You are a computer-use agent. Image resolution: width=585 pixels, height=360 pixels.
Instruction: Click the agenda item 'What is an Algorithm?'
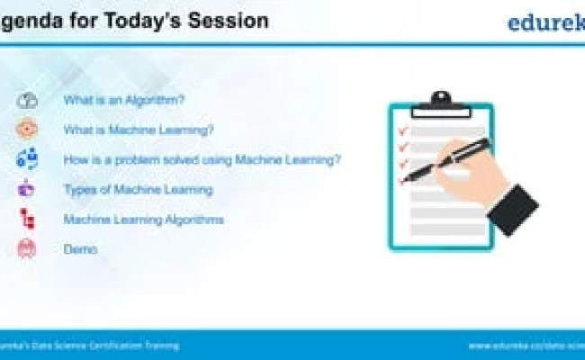click(123, 100)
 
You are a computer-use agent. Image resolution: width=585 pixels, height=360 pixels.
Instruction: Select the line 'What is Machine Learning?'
click(138, 130)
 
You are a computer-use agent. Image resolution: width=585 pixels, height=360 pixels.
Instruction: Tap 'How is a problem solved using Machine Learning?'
click(202, 160)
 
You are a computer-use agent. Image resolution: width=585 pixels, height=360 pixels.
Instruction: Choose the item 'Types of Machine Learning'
click(138, 190)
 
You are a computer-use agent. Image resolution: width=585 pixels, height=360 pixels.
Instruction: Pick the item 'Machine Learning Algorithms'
click(143, 220)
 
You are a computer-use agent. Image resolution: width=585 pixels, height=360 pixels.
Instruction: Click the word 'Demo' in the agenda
click(80, 249)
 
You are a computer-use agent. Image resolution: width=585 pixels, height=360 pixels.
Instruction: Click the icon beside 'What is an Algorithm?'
click(27, 100)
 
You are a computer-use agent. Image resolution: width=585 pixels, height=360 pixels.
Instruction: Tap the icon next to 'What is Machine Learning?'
click(27, 130)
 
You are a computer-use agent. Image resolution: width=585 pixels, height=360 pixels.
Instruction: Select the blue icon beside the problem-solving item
click(27, 160)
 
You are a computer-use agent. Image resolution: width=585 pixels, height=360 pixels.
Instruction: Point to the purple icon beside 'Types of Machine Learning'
click(27, 190)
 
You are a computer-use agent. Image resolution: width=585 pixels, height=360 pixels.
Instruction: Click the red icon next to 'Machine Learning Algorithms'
click(27, 220)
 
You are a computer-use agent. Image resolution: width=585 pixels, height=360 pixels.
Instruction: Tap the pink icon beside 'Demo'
click(27, 249)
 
